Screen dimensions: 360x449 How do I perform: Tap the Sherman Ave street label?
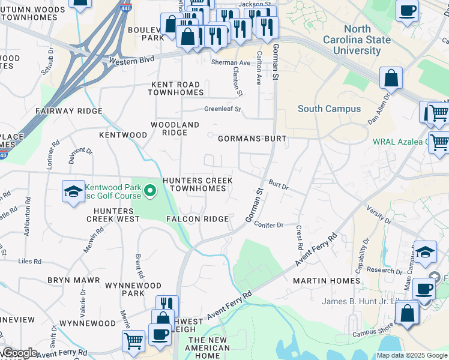coord(231,63)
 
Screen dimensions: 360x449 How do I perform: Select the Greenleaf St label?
coord(222,110)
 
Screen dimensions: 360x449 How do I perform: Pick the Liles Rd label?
coord(29,262)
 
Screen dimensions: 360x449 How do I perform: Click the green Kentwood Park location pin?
coord(151,191)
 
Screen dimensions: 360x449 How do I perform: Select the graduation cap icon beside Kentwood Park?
coord(73,193)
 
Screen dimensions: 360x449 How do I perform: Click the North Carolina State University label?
coord(366,40)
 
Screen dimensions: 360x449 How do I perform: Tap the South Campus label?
coord(330,109)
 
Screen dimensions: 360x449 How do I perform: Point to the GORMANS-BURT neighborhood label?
coord(252,138)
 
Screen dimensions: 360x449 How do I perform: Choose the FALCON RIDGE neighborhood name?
coord(197,219)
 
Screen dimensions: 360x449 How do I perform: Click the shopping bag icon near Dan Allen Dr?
coord(391,78)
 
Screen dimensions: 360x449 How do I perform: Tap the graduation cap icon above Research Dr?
coord(425,253)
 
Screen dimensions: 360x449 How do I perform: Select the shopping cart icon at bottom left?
coord(133,340)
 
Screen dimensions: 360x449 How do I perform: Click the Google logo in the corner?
coord(19,353)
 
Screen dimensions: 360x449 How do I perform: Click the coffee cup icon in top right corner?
coord(408,11)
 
